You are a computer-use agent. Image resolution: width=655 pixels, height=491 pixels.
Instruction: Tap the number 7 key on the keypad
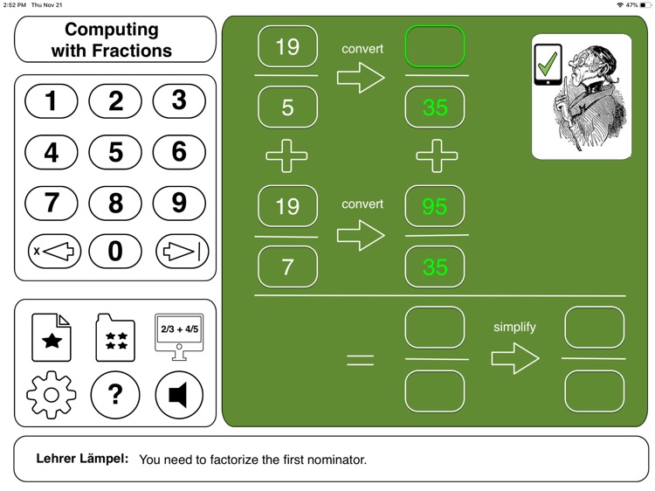point(52,204)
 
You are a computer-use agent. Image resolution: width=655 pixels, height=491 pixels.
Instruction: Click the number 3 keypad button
point(179,101)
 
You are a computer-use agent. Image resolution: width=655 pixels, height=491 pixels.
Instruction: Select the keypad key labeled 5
point(115,153)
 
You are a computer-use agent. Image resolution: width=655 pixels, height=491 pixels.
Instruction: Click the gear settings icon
point(52,395)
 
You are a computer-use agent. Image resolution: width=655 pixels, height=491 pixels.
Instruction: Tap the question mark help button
point(115,395)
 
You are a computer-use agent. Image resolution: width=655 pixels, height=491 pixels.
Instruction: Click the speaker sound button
point(179,395)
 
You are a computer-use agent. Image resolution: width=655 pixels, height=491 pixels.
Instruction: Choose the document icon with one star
point(52,338)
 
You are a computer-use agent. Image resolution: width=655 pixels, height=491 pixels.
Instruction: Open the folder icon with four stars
point(115,338)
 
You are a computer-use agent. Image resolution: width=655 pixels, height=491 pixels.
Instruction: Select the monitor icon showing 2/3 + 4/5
point(179,336)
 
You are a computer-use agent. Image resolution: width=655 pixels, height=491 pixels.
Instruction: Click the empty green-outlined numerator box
point(435,47)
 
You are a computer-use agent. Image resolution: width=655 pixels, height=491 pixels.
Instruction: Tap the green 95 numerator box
point(435,206)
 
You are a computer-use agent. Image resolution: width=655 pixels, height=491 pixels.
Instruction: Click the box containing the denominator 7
point(288,266)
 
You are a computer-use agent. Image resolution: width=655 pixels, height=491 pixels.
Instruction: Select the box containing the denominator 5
point(288,107)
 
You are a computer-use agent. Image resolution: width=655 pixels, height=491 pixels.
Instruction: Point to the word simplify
point(514,327)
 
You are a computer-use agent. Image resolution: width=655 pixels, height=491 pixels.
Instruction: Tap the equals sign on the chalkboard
point(361,359)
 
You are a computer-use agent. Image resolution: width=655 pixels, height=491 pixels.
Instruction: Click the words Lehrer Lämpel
point(82,459)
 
